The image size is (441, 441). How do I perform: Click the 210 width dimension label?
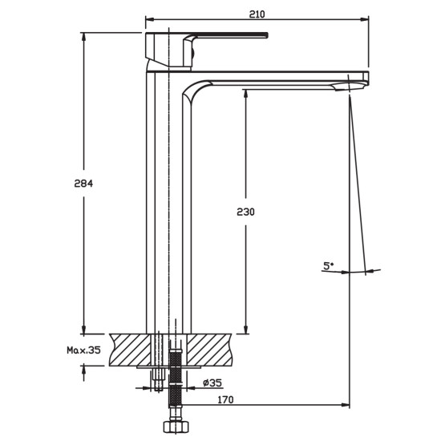click(257, 14)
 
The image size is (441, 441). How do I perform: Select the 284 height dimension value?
click(83, 184)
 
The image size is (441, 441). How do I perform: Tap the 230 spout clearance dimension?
click(245, 212)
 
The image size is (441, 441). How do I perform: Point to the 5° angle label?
click(328, 265)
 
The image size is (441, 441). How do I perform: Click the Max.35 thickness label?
click(83, 350)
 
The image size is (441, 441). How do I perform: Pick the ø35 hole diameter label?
click(212, 382)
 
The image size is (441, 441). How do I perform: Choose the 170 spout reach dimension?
click(225, 399)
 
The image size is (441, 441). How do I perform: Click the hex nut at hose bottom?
click(176, 426)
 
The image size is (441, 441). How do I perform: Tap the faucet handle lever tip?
click(266, 35)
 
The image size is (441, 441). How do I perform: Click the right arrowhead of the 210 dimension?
click(365, 19)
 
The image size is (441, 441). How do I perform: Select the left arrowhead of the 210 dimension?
click(150, 19)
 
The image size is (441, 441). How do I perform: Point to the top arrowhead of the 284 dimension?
click(83, 37)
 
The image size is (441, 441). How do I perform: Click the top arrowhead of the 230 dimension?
click(245, 94)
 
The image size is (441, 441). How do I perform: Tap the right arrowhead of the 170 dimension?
click(345, 405)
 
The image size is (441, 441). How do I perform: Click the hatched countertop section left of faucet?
click(130, 350)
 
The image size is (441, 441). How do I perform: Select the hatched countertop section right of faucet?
click(210, 350)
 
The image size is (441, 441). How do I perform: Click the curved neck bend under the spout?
click(194, 90)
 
